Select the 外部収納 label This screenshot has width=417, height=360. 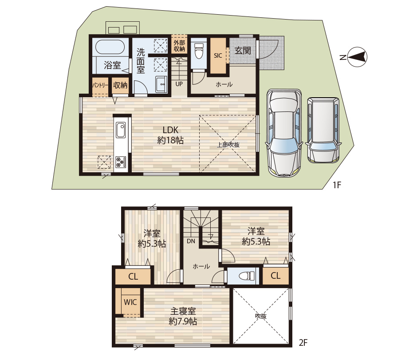pos(179,45)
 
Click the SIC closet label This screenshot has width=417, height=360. pos(218,55)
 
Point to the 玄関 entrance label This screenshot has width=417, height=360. pos(243,51)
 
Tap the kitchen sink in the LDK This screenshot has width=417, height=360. pos(121,130)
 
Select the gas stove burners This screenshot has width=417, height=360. pos(120,162)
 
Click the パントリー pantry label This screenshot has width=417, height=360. pos(100,85)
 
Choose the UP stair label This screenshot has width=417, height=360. pos(179,84)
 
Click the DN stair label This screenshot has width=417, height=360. pos(191,241)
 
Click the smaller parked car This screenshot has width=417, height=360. pos(323,130)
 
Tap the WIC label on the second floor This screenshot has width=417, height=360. pos(130,302)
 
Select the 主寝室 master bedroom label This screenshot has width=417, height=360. pos(183,311)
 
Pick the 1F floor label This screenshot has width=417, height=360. pos(337,185)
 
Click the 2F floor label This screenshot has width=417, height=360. pos(303,342)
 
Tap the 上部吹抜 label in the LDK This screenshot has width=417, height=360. pos(228,145)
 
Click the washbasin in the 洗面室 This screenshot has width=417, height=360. pos(161,84)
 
